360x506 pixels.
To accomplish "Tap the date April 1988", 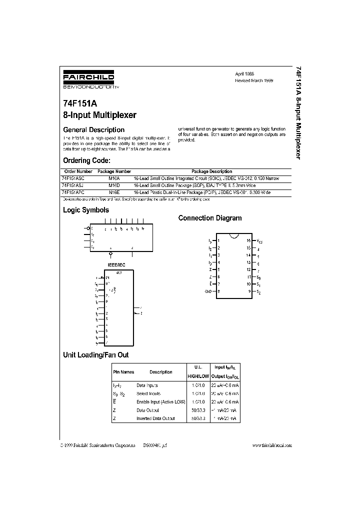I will pyautogui.click(x=245, y=73).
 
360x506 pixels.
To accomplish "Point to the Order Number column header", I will pyautogui.click(x=78, y=171).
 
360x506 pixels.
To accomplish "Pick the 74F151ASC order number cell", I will pyautogui.click(x=74, y=178).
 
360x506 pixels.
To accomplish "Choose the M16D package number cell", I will pyautogui.click(x=114, y=185).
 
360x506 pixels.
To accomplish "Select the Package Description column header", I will pyautogui.click(x=212, y=171).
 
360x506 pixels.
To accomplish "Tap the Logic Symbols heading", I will pyautogui.click(x=85, y=210).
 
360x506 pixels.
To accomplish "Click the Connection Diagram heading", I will pyautogui.click(x=210, y=218).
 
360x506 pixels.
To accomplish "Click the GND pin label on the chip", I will pyautogui.click(x=208, y=290).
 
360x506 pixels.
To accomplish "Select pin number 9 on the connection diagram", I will pyautogui.click(x=248, y=290).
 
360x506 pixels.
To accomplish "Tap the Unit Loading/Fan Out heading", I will pyautogui.click(x=95, y=354).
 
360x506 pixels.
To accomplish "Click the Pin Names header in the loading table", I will pyautogui.click(x=123, y=372).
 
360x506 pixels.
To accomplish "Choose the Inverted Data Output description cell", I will pyautogui.click(x=155, y=418).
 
